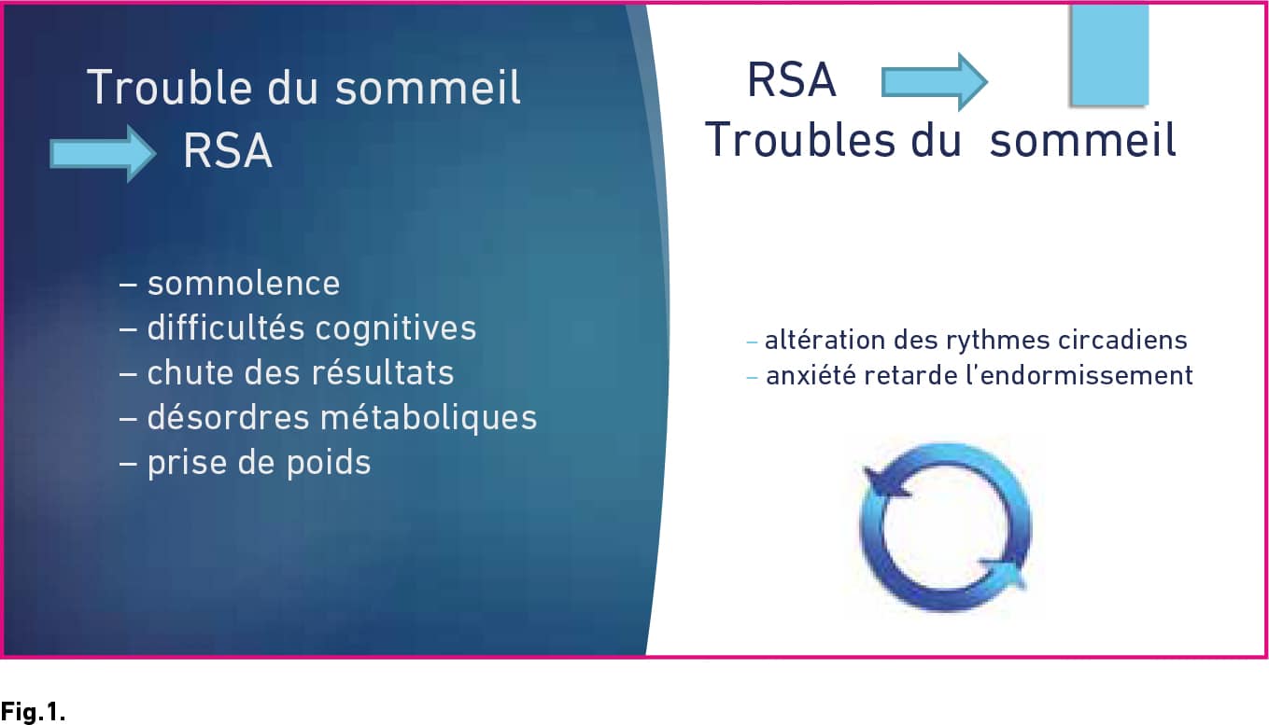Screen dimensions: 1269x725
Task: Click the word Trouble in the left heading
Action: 169,87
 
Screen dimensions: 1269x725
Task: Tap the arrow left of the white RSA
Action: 103,153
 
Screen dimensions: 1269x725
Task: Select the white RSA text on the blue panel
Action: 228,150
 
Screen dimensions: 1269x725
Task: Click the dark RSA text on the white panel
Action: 792,80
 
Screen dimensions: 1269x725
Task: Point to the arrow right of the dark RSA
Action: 935,82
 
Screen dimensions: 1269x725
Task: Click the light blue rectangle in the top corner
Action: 1109,55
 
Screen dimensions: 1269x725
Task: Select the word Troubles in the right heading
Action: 800,139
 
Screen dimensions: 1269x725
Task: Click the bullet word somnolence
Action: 244,283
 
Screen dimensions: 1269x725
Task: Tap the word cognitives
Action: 395,328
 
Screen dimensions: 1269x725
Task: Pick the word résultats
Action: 383,372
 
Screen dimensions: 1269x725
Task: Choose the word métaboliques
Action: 429,418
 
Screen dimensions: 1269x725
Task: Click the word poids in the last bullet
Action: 329,464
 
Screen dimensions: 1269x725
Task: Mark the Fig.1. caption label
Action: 33,711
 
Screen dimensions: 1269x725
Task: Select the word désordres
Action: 228,417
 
